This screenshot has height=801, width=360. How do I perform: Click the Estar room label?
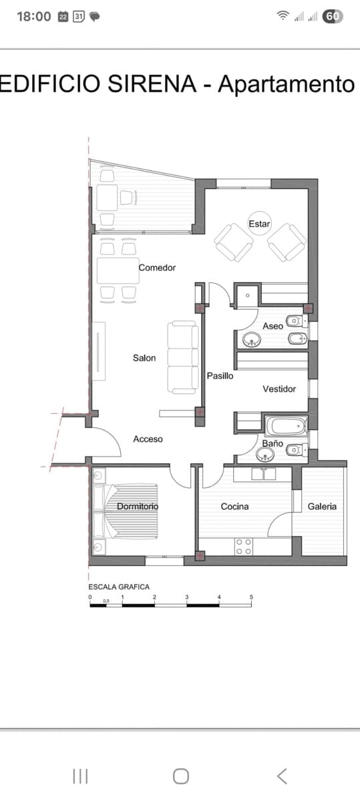[259, 224]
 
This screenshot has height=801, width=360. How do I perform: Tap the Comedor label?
[157, 268]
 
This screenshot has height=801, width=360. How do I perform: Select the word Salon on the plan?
[144, 358]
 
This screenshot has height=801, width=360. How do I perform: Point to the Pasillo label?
[220, 376]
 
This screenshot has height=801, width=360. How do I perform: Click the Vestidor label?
[279, 389]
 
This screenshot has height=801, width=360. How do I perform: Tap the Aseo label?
[273, 326]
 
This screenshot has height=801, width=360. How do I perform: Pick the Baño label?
[273, 443]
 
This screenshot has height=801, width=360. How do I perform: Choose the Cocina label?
[234, 507]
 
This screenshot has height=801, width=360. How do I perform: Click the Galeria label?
[322, 507]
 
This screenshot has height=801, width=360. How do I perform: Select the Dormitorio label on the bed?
[138, 507]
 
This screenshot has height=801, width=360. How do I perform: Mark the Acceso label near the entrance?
[148, 439]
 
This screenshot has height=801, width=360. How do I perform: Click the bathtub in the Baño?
[285, 425]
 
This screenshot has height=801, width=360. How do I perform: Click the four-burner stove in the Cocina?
[244, 547]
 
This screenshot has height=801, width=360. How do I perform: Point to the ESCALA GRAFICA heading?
[119, 587]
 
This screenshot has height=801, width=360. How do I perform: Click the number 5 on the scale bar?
[251, 597]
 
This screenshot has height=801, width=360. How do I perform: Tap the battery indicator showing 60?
[333, 16]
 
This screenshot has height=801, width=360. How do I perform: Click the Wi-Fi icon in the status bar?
[283, 16]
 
